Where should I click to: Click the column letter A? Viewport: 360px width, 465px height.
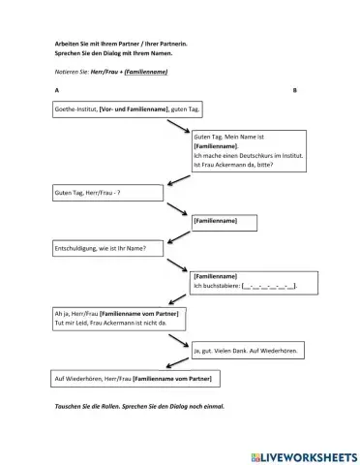coord(55,89)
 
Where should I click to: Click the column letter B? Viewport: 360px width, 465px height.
coord(294,89)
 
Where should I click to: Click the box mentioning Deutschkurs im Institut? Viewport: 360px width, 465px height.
coord(249,151)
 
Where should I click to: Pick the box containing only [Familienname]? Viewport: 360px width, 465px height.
coord(226,222)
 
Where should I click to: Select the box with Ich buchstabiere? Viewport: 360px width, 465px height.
coord(249,281)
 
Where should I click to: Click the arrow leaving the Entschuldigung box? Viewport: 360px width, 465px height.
coord(179,263)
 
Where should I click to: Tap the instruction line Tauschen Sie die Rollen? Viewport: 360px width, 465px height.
coord(140,406)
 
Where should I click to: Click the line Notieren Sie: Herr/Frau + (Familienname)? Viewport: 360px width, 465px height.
coord(112,72)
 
